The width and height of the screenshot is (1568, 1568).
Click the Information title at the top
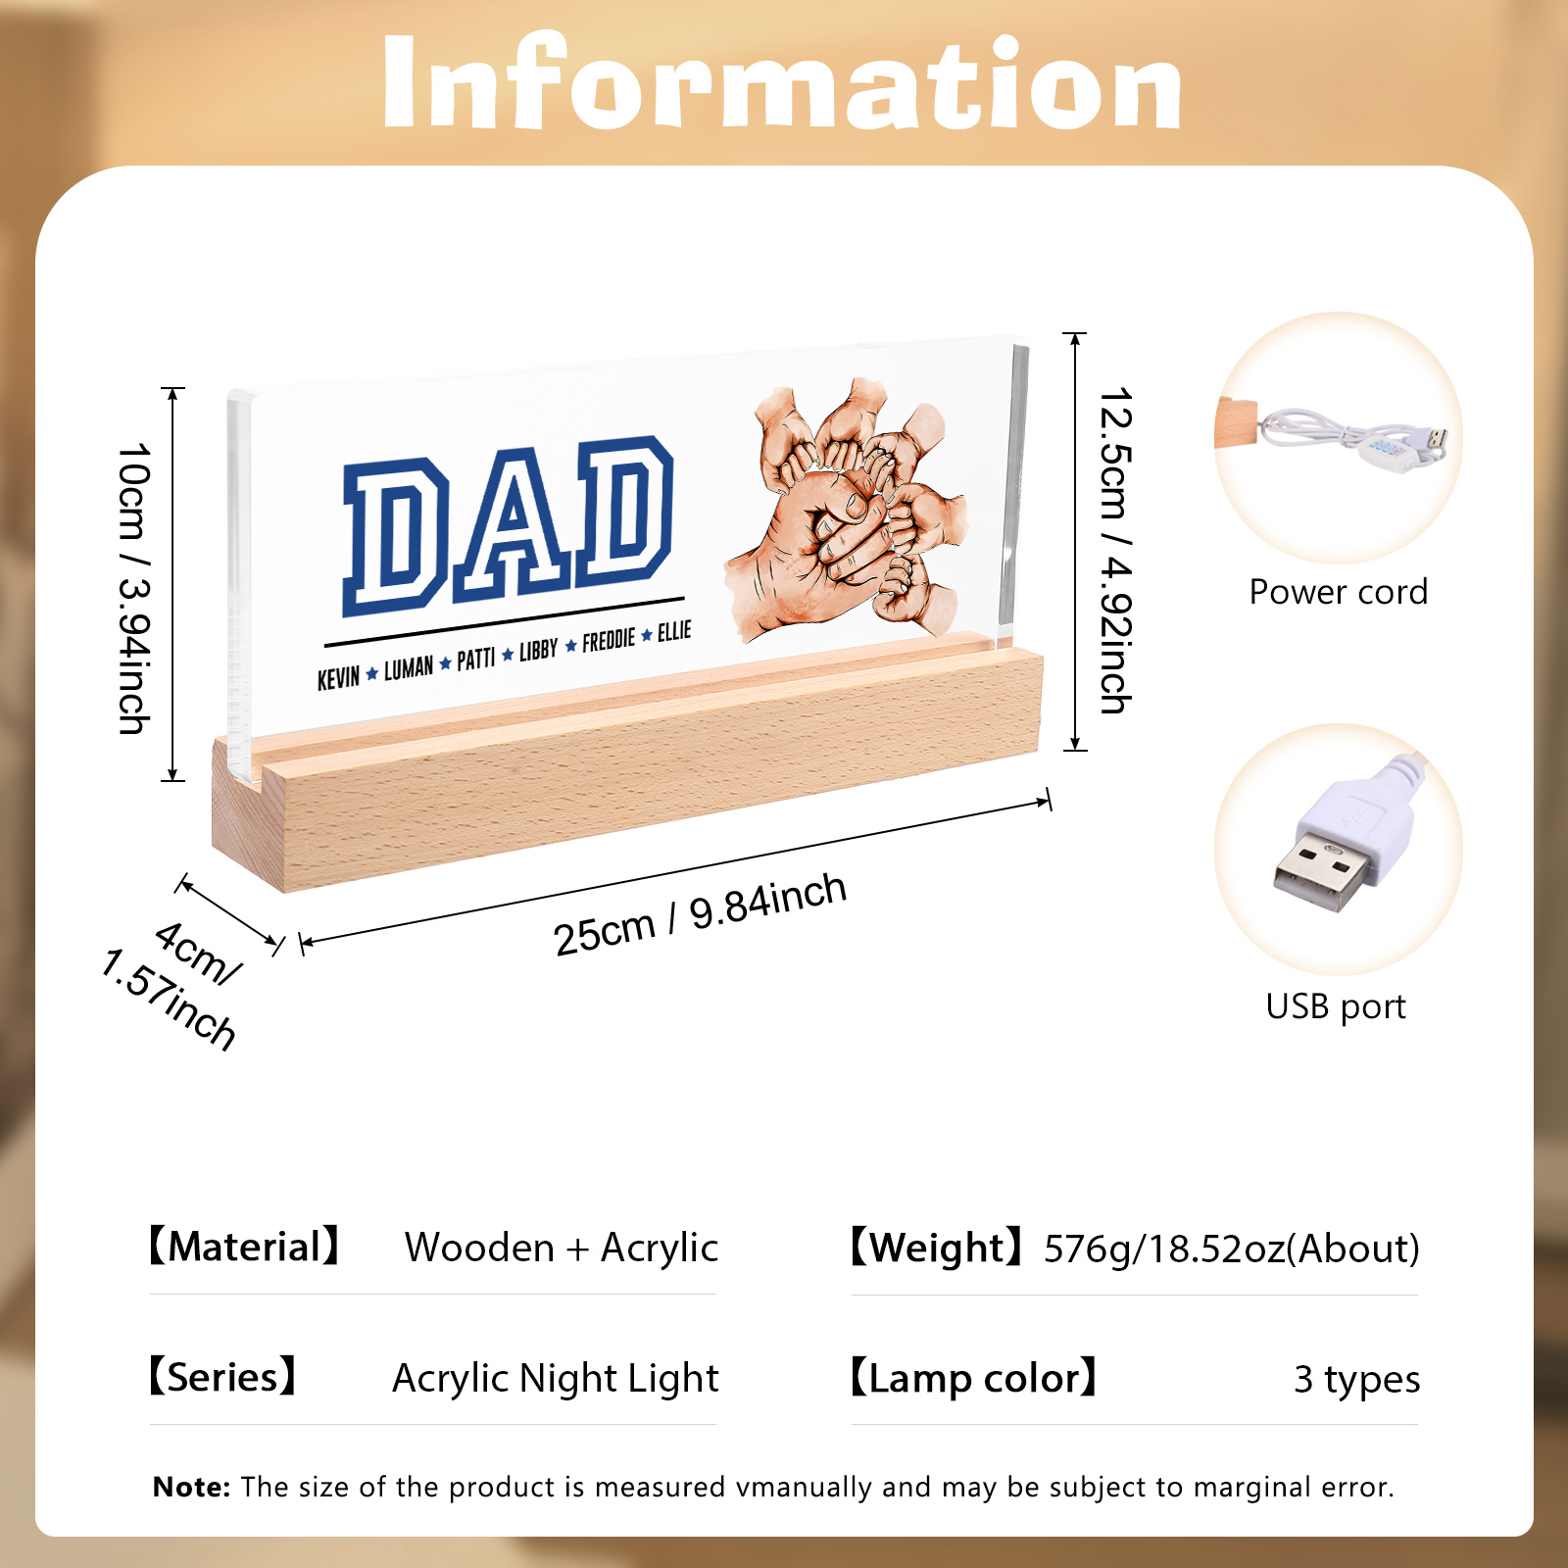782,82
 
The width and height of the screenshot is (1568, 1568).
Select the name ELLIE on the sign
674,631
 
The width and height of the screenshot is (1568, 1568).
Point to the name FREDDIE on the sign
609,641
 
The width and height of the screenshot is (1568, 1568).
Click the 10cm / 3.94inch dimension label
134,588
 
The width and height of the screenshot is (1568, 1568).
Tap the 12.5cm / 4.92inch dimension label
1115,550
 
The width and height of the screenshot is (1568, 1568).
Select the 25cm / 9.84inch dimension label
700,914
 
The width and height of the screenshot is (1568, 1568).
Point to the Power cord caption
1338,592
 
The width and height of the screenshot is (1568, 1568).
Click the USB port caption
1336,1006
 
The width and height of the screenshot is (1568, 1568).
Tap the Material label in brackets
244,1247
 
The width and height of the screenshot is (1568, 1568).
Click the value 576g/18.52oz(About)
1231,1249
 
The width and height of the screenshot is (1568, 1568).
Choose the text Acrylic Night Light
556,1378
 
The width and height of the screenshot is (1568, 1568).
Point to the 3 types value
1356,1379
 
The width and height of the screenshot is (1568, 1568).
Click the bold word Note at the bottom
191,1487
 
